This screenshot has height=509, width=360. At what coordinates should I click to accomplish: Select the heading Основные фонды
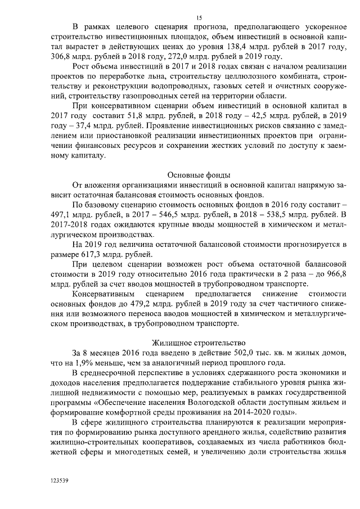coord(199,174)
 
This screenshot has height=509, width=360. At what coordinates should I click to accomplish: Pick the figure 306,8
coord(62,56)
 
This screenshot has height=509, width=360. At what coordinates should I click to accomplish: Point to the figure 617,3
coord(100,255)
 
